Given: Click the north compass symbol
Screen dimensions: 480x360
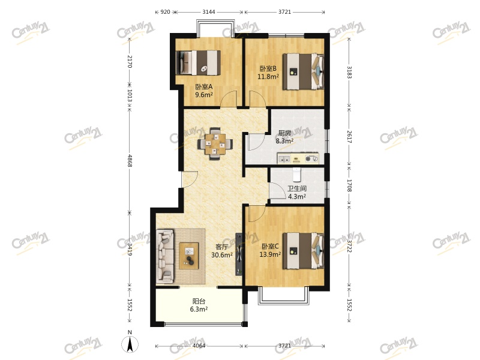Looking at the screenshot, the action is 130,343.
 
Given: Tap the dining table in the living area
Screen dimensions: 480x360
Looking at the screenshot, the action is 215,143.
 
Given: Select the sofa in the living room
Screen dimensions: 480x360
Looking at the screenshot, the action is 166,256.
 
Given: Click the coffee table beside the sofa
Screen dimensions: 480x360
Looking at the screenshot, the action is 188,256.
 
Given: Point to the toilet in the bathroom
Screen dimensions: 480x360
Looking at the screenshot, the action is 296,175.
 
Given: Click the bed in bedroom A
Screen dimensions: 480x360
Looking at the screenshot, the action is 198,63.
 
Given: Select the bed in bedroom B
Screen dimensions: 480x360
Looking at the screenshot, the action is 303,71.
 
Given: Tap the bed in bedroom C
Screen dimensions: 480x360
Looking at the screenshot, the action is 303,251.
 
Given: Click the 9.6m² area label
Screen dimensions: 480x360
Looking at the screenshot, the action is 204,95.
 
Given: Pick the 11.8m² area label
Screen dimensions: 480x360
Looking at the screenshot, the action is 268,77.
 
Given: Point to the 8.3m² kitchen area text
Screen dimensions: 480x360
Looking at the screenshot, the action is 284,141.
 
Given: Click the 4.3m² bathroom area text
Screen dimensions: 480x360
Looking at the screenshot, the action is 296,197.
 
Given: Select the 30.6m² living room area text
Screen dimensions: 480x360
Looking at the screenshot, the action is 222,254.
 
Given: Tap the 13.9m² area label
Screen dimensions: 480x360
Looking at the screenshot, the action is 271,254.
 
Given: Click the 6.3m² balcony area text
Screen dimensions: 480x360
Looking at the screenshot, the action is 199,309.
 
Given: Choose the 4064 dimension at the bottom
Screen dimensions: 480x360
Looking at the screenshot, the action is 199,346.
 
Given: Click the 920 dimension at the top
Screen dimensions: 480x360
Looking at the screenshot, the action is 166,12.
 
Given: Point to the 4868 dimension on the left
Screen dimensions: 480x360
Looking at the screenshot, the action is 130,161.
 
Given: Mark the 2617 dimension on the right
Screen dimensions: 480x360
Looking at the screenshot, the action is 349,137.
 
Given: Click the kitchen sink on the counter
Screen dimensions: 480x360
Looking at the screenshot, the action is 284,159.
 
